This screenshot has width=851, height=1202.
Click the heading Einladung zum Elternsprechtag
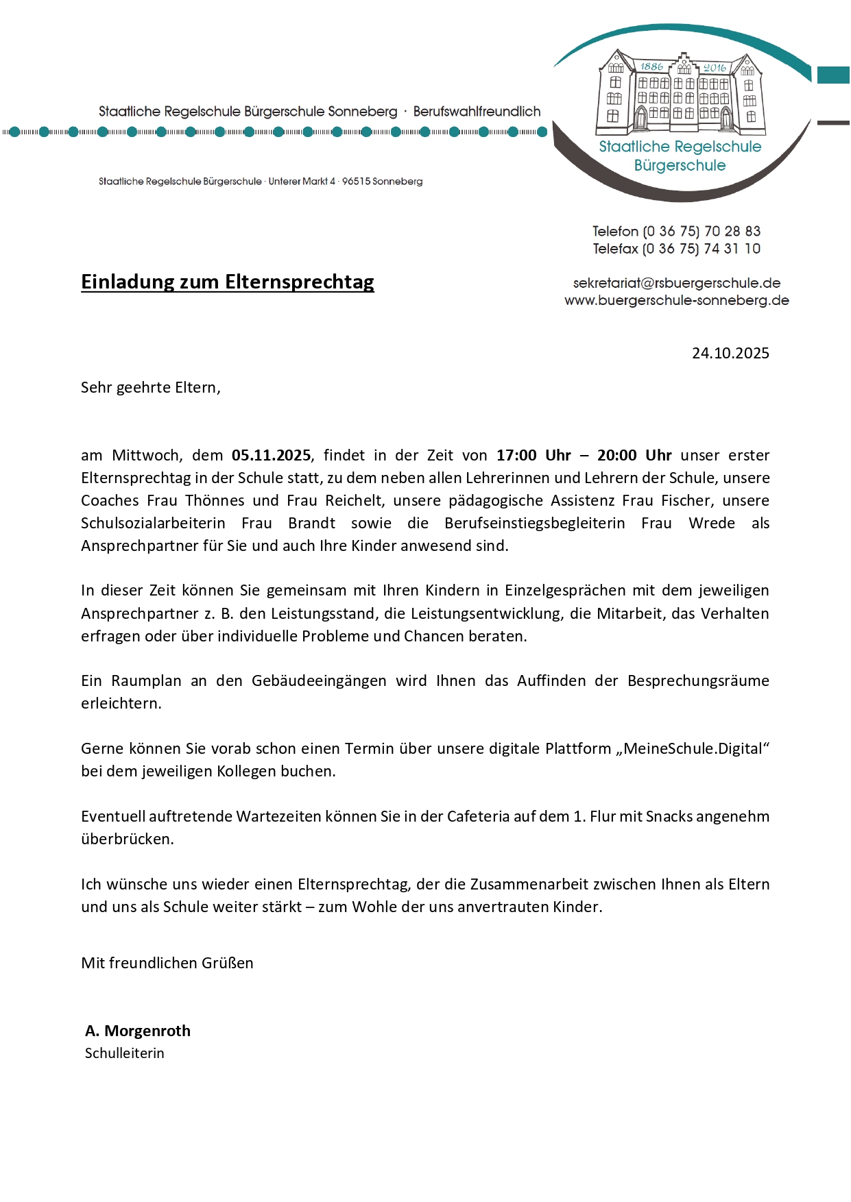click(x=227, y=282)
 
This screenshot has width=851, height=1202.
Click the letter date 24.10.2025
click(x=730, y=354)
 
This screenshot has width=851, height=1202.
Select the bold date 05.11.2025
click(x=271, y=456)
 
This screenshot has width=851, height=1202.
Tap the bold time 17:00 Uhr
click(x=534, y=456)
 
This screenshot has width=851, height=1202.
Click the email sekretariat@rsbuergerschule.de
click(x=677, y=283)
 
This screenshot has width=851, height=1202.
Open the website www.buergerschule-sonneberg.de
click(x=677, y=300)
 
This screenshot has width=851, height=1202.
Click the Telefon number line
click(x=677, y=232)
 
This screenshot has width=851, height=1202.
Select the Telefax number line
click(x=677, y=249)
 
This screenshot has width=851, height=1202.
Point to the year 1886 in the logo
click(x=651, y=66)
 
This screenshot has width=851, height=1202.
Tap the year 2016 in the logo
click(x=715, y=68)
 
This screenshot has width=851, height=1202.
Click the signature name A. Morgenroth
click(x=138, y=1031)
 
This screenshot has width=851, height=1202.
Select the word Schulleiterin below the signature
click(x=125, y=1053)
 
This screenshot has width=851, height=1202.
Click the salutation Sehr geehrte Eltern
click(x=150, y=388)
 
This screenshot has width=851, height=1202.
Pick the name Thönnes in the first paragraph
click(x=215, y=501)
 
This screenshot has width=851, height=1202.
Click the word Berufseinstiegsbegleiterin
click(x=535, y=524)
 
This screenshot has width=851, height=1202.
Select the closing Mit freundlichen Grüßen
click(x=167, y=964)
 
